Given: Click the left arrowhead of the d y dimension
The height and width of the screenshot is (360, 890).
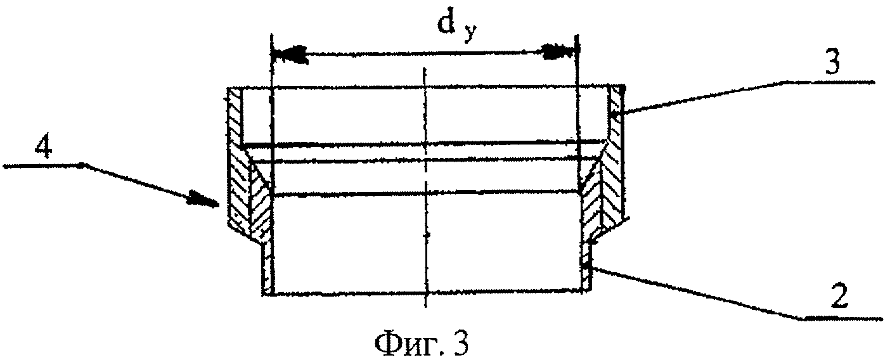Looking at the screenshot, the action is (288, 53).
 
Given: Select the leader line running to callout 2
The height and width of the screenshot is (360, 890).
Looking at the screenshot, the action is (697, 292).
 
